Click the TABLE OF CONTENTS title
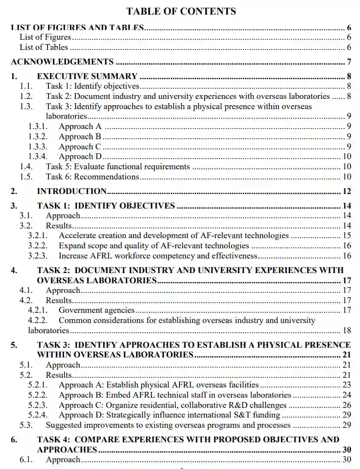[181, 11]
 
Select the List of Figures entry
[45, 37]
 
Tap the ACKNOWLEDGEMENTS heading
[62, 62]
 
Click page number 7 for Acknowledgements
[349, 62]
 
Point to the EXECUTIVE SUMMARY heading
[87, 76]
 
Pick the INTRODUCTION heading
[72, 191]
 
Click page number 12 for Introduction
[346, 191]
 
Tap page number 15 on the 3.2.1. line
[346, 236]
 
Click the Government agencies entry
[97, 310]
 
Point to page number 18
[346, 331]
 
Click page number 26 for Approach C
[346, 405]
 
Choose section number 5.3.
[26, 425]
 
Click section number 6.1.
[26, 460]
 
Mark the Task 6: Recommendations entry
[93, 177]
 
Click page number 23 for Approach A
[346, 385]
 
